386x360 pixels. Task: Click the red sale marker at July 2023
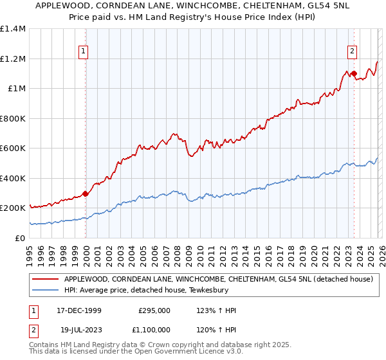(354, 74)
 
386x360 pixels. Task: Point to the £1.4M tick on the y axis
(13, 29)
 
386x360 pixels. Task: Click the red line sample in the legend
(45, 280)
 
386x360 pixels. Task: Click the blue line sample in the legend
(45, 291)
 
